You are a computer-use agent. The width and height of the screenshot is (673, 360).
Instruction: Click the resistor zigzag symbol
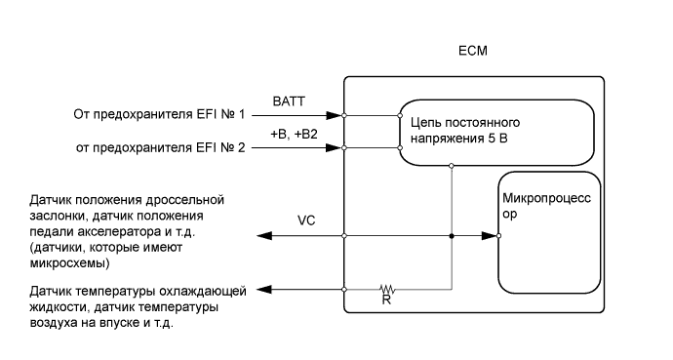click(388, 289)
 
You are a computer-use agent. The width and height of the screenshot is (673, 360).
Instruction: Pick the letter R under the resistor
click(387, 302)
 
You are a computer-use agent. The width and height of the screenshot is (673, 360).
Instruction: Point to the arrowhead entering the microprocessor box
click(489, 236)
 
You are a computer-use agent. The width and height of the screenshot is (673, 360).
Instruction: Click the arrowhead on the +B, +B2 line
click(337, 149)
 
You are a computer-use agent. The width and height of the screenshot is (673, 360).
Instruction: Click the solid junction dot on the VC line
click(451, 236)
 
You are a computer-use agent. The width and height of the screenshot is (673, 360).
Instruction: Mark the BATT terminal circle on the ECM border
click(345, 116)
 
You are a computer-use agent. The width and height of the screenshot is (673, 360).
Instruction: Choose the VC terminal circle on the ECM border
click(345, 236)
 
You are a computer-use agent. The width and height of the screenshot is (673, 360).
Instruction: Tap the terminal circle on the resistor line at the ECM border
click(345, 289)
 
